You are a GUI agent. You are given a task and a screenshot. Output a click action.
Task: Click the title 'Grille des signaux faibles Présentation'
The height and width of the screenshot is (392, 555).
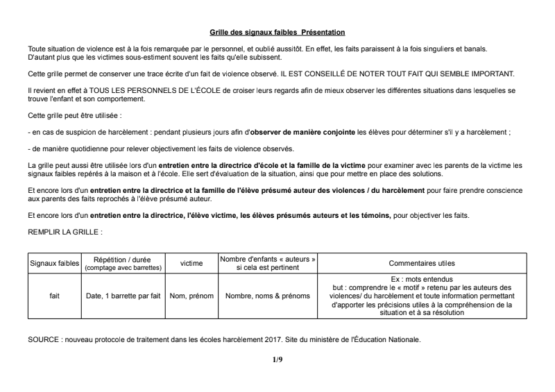(x=277, y=33)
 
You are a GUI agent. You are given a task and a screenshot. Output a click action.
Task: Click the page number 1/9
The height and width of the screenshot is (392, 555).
(x=277, y=359)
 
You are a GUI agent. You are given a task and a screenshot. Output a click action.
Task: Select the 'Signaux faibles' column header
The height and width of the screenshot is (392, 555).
(x=54, y=264)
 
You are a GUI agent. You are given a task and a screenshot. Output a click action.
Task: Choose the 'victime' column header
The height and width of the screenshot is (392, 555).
(x=191, y=264)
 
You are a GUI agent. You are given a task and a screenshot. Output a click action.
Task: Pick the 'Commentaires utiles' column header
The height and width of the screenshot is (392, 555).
(x=421, y=264)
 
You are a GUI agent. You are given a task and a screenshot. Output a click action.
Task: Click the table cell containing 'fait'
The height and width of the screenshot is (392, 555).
(x=54, y=296)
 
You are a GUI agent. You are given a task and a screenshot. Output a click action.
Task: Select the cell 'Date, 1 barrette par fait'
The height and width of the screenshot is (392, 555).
(x=123, y=296)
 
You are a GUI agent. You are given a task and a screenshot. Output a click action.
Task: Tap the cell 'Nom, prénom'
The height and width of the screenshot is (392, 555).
(x=191, y=296)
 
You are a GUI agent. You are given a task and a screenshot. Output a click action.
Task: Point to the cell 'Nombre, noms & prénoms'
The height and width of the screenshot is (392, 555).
(x=268, y=296)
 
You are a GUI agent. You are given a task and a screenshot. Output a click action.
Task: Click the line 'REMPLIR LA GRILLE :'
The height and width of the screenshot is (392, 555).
(x=65, y=231)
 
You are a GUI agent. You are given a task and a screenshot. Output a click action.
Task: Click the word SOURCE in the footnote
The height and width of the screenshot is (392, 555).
(x=43, y=340)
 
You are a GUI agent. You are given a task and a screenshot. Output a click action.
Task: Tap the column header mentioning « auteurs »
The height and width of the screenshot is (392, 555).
(x=268, y=263)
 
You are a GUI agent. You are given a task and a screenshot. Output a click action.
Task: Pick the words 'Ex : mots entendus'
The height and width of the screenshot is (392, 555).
(x=421, y=279)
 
